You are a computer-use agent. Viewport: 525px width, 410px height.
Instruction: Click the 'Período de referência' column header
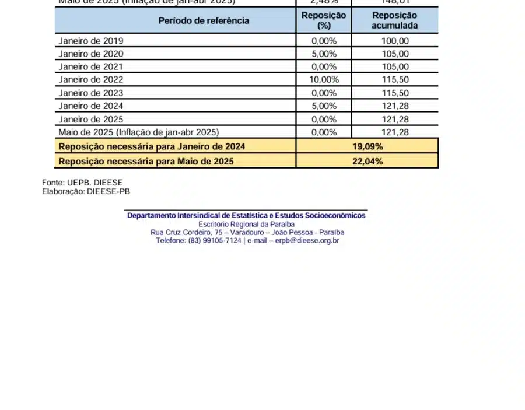pos(204,21)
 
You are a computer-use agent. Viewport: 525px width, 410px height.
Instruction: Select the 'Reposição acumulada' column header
pos(394,20)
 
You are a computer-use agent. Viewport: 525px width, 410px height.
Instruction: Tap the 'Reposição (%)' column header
pos(324,20)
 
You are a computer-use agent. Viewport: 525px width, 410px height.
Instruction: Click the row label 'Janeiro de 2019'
pos(91,41)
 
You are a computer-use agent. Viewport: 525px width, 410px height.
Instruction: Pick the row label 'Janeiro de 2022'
pos(91,80)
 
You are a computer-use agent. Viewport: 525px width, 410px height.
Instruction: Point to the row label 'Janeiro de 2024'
pos(91,106)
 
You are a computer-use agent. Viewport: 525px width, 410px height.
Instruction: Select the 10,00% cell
pos(324,80)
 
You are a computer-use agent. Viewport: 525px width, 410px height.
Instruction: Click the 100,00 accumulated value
pos(395,41)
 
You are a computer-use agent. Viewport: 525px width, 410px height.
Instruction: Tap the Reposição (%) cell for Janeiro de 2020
pos(324,54)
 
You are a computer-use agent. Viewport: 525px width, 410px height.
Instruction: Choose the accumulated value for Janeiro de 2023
pos(395,93)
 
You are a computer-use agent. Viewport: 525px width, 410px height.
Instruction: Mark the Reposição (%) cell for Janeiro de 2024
pos(324,106)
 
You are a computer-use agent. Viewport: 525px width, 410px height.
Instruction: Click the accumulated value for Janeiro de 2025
pos(395,120)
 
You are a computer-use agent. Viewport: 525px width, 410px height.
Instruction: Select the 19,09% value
pos(367,146)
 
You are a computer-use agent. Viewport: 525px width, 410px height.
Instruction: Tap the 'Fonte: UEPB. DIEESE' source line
pos(82,183)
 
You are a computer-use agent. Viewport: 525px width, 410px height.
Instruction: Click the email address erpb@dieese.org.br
pos(307,240)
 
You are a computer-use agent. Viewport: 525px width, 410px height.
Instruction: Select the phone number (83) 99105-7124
pos(215,240)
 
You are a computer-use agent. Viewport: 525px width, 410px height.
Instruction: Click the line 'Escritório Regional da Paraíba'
pos(246,224)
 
